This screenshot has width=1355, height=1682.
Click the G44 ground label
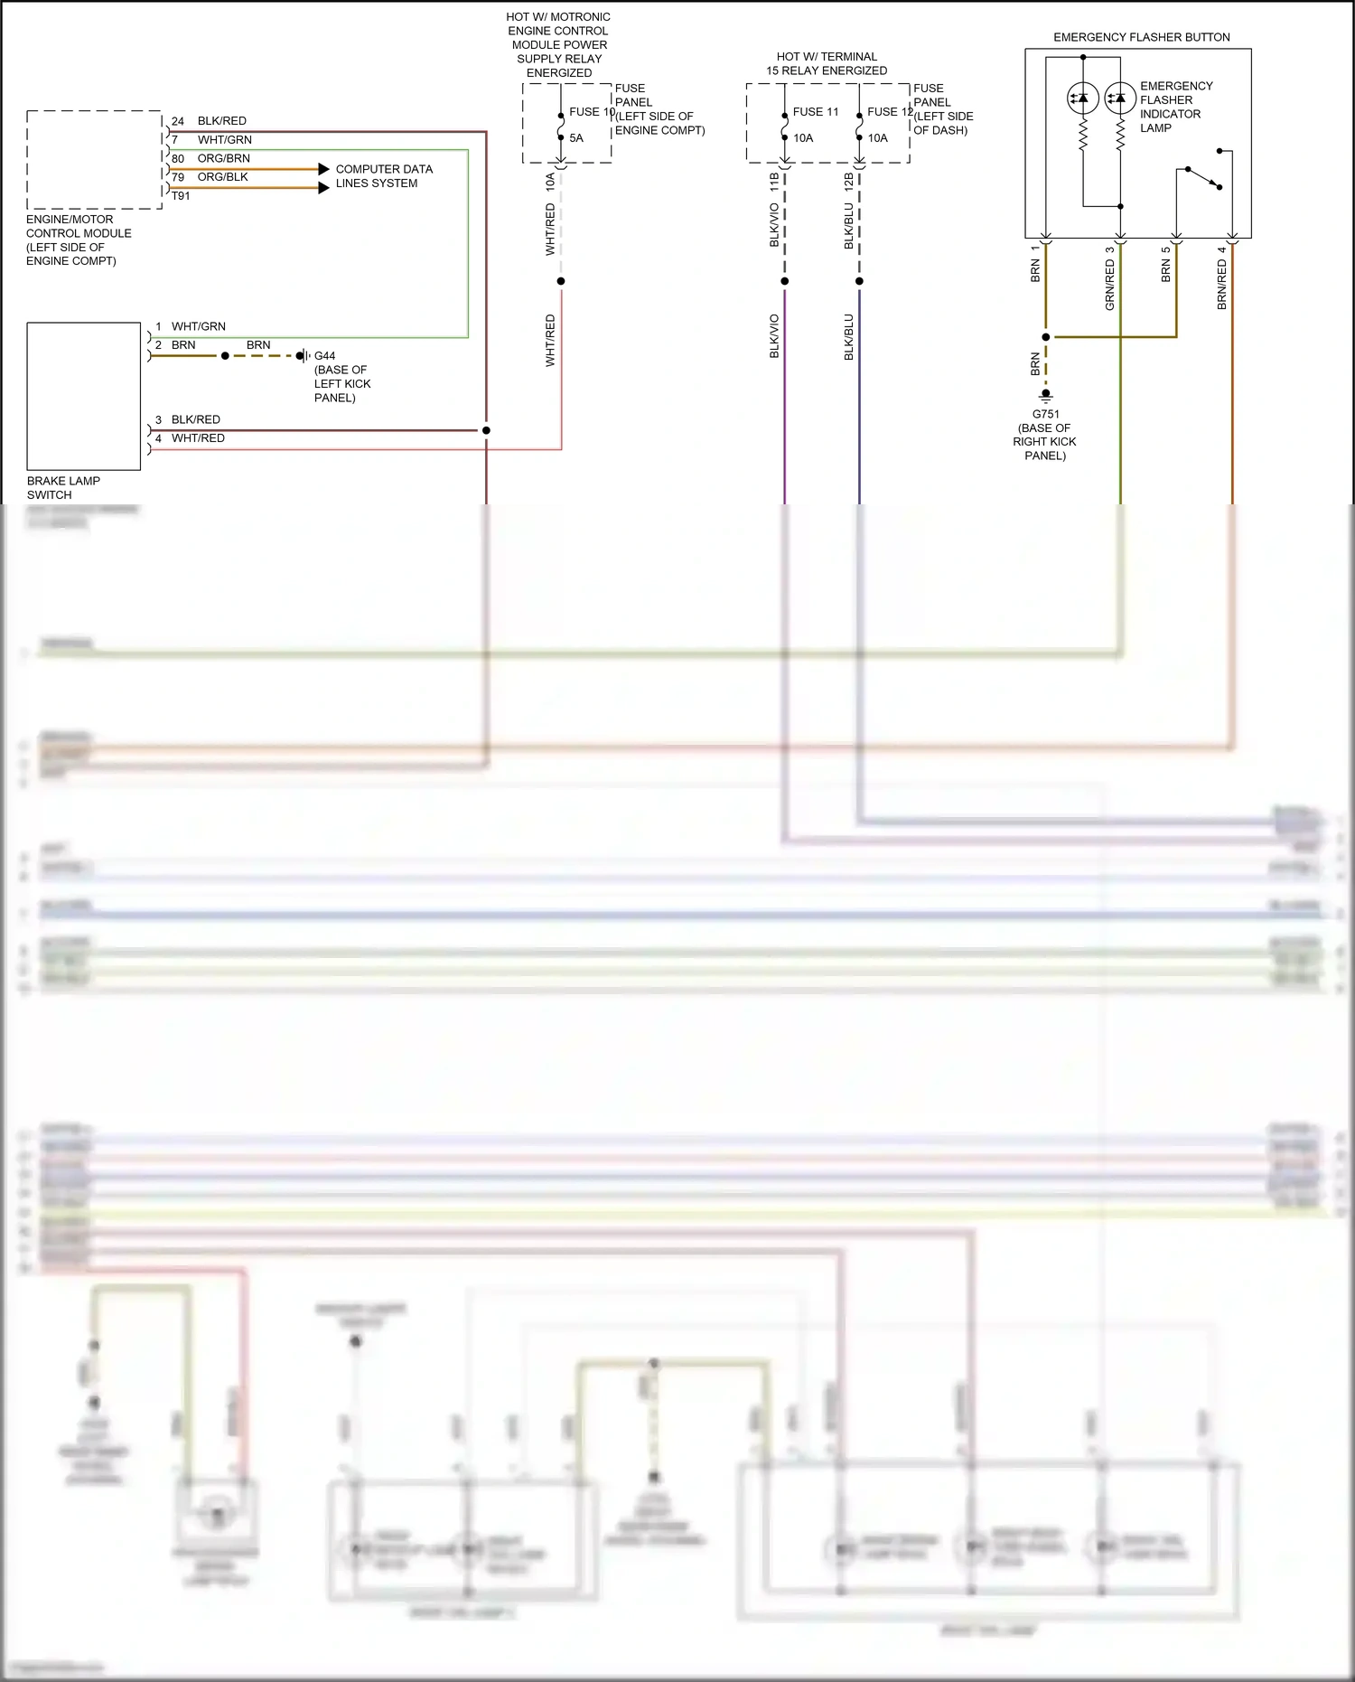pos(324,356)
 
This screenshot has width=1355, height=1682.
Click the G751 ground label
pos(1045,414)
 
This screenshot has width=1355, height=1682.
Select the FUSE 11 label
pos(815,112)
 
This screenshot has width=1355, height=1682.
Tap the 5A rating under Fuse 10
pos(576,138)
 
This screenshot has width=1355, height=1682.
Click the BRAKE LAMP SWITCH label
pos(63,488)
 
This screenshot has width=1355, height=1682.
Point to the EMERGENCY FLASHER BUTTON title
pos(1141,37)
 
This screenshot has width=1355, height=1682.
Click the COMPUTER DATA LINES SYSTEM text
pos(384,176)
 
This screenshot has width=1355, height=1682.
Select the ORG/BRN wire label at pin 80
pos(223,158)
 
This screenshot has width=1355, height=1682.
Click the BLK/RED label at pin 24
pos(221,121)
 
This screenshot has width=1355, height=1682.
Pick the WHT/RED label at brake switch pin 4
pos(198,438)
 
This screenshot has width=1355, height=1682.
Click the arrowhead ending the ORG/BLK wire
pos(323,188)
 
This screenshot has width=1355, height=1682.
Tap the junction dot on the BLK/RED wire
pos(486,430)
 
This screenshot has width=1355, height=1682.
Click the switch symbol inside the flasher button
pos(1203,178)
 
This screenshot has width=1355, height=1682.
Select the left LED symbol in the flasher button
pos(1082,98)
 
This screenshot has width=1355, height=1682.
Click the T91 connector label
pos(181,196)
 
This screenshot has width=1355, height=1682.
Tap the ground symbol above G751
pos(1045,395)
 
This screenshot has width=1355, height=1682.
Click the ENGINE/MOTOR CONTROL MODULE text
pos(79,240)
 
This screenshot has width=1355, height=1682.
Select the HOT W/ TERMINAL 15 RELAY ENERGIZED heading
pos(827,63)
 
